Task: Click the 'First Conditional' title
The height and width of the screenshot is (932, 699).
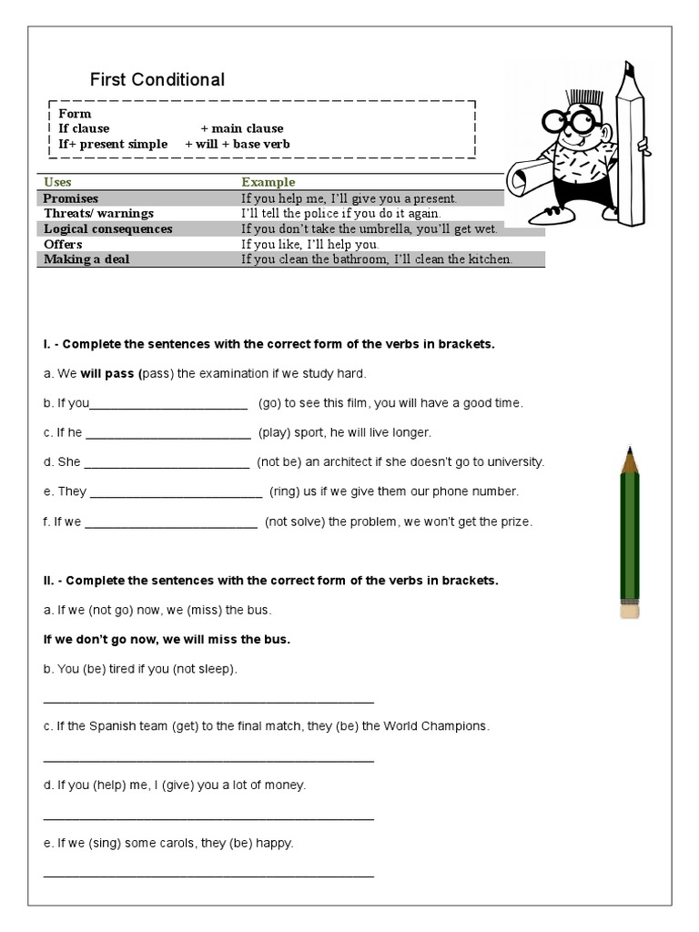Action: point(157,80)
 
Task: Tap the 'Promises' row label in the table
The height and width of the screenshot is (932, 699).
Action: point(71,198)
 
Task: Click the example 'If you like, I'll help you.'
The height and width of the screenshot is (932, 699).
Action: point(309,244)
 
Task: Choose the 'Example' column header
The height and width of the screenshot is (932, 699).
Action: point(268,182)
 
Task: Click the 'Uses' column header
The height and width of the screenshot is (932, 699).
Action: point(57,182)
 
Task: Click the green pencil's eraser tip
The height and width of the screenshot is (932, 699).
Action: point(630,609)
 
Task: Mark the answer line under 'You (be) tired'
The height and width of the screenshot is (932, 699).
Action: point(208,701)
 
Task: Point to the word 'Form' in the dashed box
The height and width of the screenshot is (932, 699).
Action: point(75,113)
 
